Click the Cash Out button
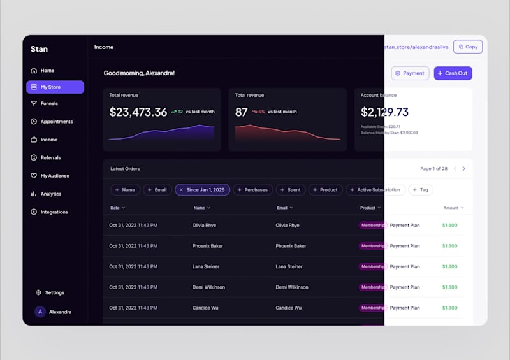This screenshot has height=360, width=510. (453, 73)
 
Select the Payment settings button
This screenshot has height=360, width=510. (410, 73)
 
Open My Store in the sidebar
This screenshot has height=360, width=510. (55, 87)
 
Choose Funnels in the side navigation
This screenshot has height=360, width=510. (49, 103)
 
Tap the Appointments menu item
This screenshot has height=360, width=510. (56, 122)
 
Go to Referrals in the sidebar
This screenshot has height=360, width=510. (50, 158)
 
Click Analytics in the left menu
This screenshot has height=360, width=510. (50, 194)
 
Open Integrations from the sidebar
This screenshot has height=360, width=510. (54, 212)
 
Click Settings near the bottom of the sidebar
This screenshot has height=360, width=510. (54, 293)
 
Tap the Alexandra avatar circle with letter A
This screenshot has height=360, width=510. (40, 312)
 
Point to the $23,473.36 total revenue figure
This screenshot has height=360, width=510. (138, 112)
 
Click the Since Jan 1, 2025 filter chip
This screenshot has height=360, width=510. (202, 190)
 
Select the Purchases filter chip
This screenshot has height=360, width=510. (253, 190)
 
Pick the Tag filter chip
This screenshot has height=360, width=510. (421, 190)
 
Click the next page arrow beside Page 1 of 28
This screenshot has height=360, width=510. (463, 169)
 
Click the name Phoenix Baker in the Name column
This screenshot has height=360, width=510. (207, 246)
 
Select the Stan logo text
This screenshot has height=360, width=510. (39, 49)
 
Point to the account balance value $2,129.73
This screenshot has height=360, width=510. (384, 112)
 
